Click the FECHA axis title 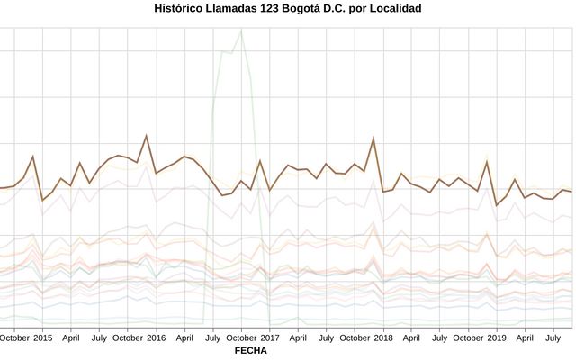pos(250,351)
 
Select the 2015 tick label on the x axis pos(43,338)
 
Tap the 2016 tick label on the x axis pos(156,338)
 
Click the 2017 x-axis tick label pos(270,338)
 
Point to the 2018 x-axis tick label pos(383,338)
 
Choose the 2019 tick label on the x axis pos(497,338)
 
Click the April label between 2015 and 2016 pos(71,338)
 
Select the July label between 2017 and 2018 pos(327,338)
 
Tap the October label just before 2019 pos(468,338)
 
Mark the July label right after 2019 pos(553,338)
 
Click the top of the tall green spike pos(241,30)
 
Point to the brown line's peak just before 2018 pos(373,138)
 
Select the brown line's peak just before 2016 pos(147,136)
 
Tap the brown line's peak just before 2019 pos(487,161)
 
